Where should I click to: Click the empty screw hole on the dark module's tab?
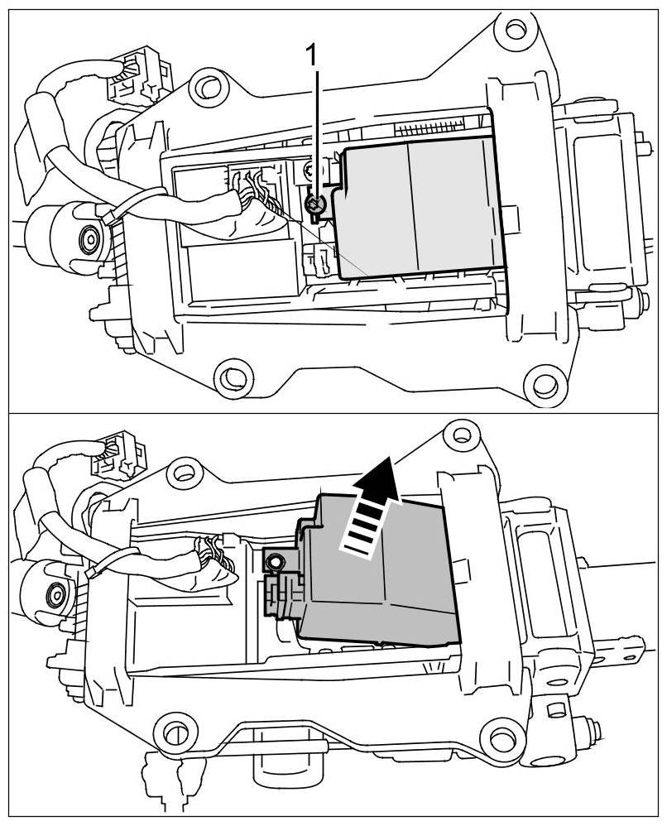tap(272, 562)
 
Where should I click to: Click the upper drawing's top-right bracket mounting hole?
tap(516, 30)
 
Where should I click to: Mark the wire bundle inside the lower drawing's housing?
tap(217, 559)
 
